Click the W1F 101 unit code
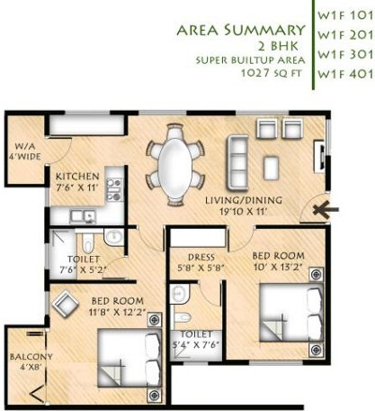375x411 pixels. tap(342, 14)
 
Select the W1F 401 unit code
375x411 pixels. tap(342, 73)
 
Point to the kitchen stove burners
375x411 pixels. tap(114, 189)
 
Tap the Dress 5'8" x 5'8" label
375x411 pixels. tap(198, 260)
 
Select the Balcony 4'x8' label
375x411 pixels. tap(24, 361)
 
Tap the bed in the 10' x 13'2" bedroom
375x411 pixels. tap(287, 309)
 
